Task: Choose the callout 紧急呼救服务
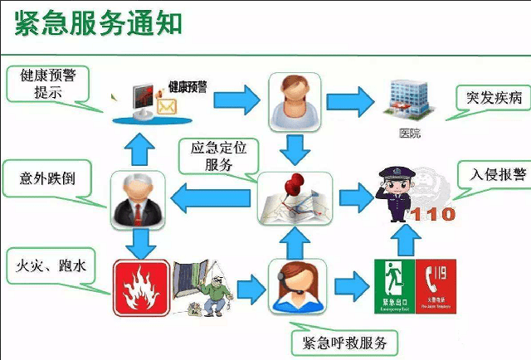(x=344, y=341)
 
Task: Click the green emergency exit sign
(x=392, y=286)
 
